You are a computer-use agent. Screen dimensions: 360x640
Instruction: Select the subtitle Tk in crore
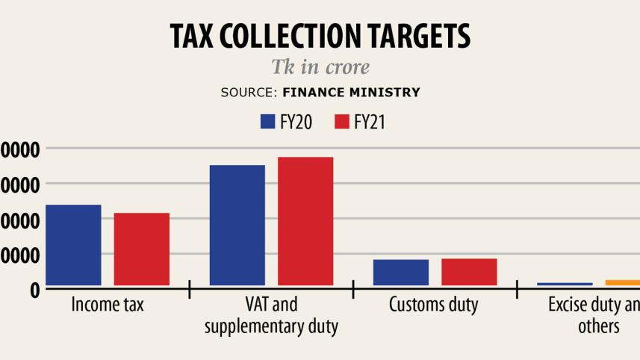pos(320,67)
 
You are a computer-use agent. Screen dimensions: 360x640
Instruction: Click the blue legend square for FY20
pos(268,122)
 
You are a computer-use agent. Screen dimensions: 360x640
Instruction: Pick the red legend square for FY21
pos(342,122)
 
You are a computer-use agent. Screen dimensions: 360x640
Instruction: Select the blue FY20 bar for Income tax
pos(73,245)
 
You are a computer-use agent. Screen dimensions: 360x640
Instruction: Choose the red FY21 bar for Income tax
pos(142,249)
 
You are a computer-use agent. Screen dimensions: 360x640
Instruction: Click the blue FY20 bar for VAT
pos(237,225)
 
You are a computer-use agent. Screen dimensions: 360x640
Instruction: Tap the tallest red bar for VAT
pos(305,221)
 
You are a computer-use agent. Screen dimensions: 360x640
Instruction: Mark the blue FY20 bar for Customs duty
pos(401,273)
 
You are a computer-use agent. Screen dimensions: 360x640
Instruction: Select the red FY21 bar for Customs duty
pos(469,272)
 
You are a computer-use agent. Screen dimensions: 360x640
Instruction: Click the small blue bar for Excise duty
pos(565,284)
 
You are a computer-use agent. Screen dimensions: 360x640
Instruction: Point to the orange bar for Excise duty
pos(623,282)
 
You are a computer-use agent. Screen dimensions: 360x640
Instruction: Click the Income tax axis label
pos(108,305)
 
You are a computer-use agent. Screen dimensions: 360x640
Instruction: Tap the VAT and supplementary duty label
pos(271,315)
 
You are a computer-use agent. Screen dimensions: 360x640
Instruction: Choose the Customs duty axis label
pos(434,305)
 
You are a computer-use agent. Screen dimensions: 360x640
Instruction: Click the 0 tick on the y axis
pos(35,290)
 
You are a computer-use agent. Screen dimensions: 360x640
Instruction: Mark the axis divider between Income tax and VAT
pos(190,289)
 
